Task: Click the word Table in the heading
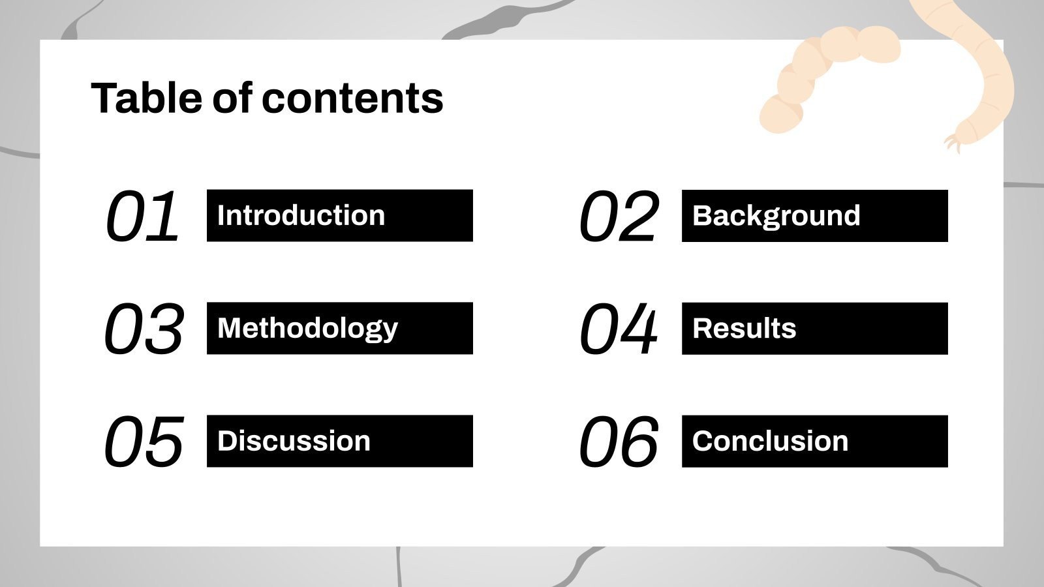pyautogui.click(x=146, y=98)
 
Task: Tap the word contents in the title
pyautogui.click(x=352, y=98)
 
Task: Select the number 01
pyautogui.click(x=142, y=216)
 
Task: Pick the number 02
pyautogui.click(x=619, y=216)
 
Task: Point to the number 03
pyautogui.click(x=144, y=329)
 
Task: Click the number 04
pyautogui.click(x=619, y=329)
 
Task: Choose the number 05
pyautogui.click(x=144, y=441)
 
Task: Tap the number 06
pyautogui.click(x=619, y=441)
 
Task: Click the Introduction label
pyautogui.click(x=301, y=215)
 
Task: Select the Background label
pyautogui.click(x=776, y=216)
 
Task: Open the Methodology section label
pyautogui.click(x=307, y=329)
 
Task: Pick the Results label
pyautogui.click(x=745, y=329)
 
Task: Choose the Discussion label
pyautogui.click(x=294, y=441)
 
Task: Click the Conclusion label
pyautogui.click(x=770, y=441)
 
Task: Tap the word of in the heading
pyautogui.click(x=232, y=98)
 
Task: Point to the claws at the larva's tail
pyautogui.click(x=953, y=143)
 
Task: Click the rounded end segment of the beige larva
pyautogui.click(x=781, y=115)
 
